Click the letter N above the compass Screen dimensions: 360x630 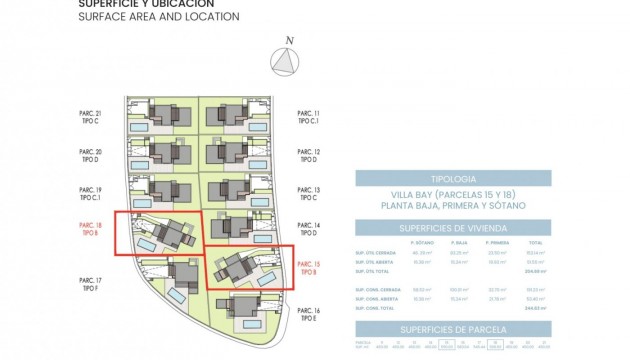click(x=288, y=41)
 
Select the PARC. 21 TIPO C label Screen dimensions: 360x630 click(x=91, y=118)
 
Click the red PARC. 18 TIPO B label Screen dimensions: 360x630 click(x=91, y=229)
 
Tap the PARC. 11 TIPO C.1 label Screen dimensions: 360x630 click(x=309, y=117)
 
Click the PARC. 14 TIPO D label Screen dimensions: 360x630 click(x=309, y=231)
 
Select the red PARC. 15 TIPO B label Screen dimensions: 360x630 click(x=309, y=268)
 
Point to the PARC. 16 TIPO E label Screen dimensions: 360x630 click(x=309, y=316)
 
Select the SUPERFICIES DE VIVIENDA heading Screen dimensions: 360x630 click(x=454, y=229)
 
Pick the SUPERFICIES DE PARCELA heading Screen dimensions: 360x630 click(x=454, y=330)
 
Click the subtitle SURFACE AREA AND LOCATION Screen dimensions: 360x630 click(x=160, y=17)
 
